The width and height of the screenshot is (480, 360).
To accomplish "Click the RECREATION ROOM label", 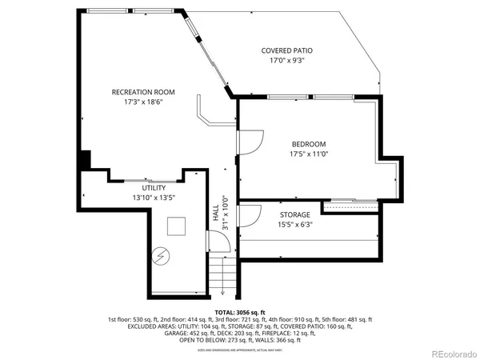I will (x=143, y=92).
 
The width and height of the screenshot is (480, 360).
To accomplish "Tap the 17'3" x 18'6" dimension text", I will (x=143, y=102).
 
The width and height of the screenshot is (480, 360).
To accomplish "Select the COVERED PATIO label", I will (x=287, y=50).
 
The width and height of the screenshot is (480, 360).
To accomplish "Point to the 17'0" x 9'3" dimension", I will (x=287, y=60).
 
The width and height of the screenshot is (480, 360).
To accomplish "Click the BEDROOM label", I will (x=308, y=144).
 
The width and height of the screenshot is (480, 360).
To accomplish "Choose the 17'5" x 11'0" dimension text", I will (x=308, y=154).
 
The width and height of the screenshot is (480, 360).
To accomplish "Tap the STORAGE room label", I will (x=295, y=215).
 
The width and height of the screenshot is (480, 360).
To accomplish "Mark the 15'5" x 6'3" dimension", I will (x=295, y=225).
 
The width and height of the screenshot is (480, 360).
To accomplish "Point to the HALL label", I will (x=215, y=212).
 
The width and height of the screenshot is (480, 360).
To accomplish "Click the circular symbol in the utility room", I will (x=161, y=256).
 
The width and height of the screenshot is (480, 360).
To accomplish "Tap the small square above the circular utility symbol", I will (x=175, y=226).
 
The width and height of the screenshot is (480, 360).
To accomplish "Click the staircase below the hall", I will (x=225, y=275).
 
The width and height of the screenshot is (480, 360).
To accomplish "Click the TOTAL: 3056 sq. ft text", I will (x=240, y=312).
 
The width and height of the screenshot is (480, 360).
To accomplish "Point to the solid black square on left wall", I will (x=85, y=159).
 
